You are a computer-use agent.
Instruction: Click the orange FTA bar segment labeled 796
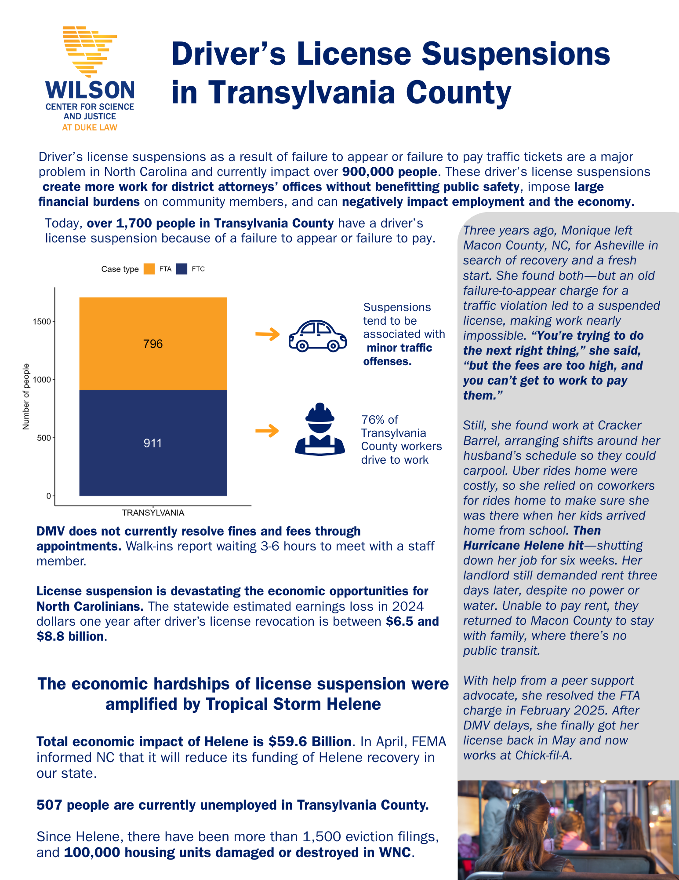click(x=153, y=344)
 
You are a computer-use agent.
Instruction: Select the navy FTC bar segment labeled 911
click(x=153, y=443)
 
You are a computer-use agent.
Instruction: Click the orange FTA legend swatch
click(x=149, y=269)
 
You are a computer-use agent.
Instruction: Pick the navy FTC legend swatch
click(x=182, y=269)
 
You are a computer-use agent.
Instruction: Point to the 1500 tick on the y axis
click(x=42, y=322)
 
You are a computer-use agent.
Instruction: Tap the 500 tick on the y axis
click(x=44, y=438)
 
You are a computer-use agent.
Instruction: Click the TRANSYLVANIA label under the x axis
click(x=153, y=513)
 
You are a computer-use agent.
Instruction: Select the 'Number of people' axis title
click(x=26, y=396)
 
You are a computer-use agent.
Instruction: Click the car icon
click(x=317, y=336)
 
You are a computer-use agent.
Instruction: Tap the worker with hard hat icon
click(x=320, y=429)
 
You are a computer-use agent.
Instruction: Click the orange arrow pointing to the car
click(x=267, y=334)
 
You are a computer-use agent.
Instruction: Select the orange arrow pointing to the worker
click(x=267, y=430)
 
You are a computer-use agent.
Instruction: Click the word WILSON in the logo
click(x=90, y=90)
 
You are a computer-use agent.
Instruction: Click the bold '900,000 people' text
click(x=389, y=172)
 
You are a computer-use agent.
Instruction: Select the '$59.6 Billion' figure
click(x=310, y=741)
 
